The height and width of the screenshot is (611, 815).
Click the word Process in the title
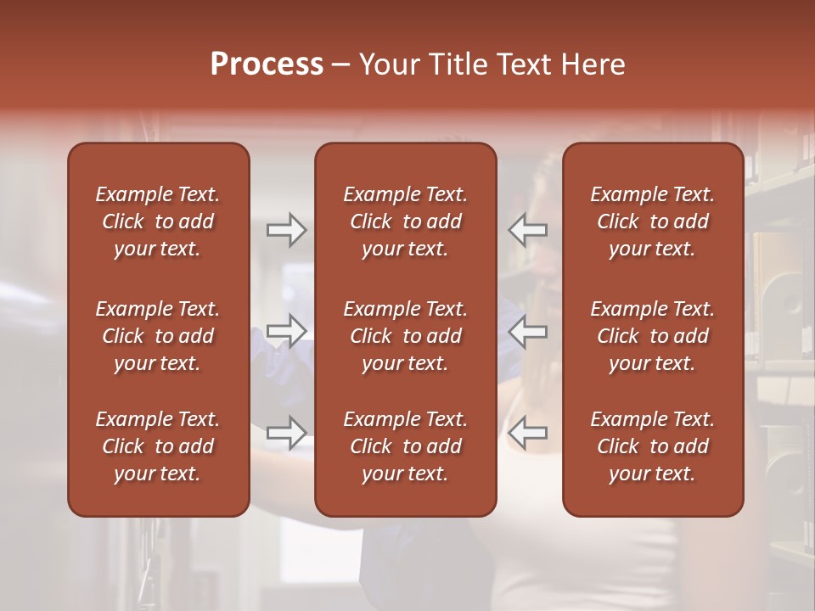pos(267,64)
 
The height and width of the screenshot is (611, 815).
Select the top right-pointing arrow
pos(286,230)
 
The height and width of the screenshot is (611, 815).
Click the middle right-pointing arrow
pos(286,331)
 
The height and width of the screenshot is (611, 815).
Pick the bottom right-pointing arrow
pos(286,432)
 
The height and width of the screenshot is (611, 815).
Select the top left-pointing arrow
pos(528,230)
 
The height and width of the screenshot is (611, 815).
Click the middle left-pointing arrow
pos(528,331)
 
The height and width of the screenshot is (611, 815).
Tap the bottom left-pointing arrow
pos(528,432)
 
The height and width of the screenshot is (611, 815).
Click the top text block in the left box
pos(158,221)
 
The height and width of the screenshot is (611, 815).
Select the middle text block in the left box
pos(158,336)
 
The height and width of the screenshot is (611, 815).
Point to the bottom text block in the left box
pos(158,446)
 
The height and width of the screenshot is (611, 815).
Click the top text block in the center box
pos(405,221)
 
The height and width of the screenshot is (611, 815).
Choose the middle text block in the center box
pos(405,336)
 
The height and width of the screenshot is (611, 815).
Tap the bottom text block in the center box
pos(405,446)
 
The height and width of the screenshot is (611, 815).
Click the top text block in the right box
pos(652,221)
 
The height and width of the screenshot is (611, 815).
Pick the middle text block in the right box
pos(652,336)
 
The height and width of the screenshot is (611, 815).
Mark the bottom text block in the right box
pos(652,446)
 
